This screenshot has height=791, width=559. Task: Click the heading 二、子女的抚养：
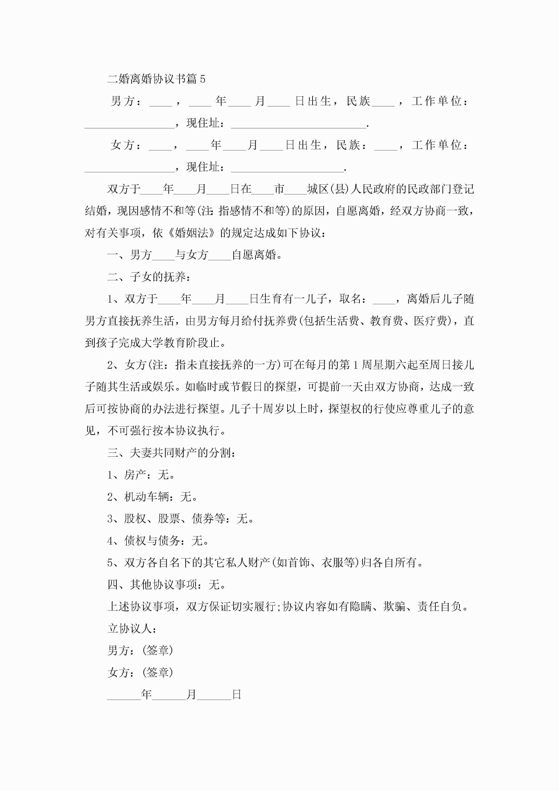[149, 277]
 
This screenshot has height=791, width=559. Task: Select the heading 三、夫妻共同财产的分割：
[172, 453]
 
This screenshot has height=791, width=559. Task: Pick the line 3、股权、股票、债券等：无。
[181, 519]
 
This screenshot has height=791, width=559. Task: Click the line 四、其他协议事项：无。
[167, 585]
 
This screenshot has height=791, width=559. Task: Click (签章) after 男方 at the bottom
[157, 651]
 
